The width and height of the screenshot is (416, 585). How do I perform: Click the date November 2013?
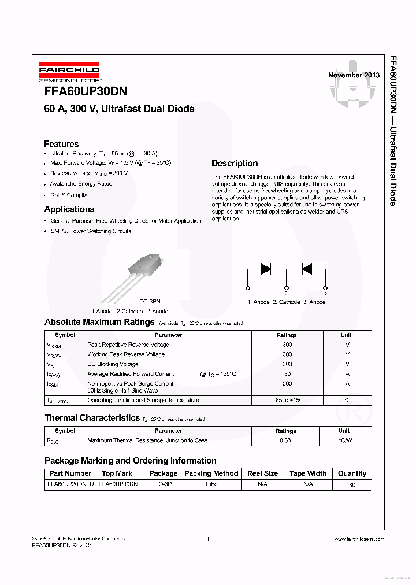(x=354, y=75)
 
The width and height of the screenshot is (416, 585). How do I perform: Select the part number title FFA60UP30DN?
(x=86, y=92)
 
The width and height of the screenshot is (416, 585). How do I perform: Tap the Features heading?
(x=61, y=144)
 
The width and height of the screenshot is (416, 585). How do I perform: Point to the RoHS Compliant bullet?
(x=71, y=195)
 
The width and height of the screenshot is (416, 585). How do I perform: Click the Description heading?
(x=235, y=164)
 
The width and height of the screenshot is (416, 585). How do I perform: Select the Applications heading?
(x=69, y=209)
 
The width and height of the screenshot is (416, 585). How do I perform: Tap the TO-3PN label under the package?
(x=150, y=302)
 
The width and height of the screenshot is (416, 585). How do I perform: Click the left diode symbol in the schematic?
(x=266, y=268)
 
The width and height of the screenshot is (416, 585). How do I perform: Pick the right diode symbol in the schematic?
(x=307, y=268)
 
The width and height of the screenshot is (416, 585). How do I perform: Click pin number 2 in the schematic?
(x=286, y=294)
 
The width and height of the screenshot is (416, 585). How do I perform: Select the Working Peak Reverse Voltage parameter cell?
(x=126, y=354)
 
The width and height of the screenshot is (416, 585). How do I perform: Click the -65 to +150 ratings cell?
(x=287, y=400)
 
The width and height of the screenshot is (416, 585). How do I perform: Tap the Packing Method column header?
(x=211, y=473)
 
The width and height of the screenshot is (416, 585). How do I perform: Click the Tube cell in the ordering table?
(x=211, y=484)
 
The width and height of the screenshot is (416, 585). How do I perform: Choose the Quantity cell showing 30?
(x=352, y=485)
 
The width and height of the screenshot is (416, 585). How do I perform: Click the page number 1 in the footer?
(x=208, y=539)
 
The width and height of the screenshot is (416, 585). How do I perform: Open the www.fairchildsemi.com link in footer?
(x=359, y=539)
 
